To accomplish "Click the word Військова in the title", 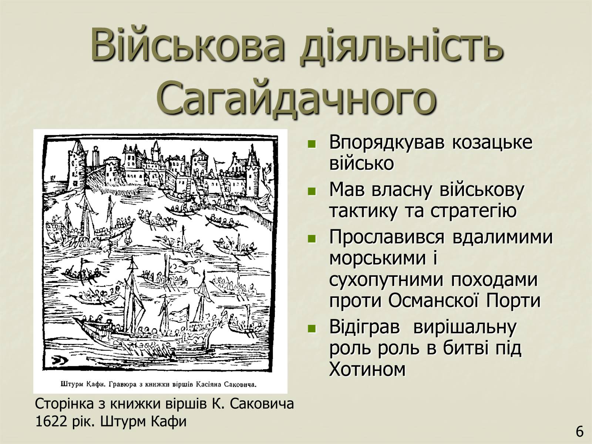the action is [188, 44].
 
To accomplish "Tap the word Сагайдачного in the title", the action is [296, 98].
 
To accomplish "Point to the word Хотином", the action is [367, 369].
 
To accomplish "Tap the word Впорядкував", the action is [387, 143].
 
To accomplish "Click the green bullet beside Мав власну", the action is [312, 191].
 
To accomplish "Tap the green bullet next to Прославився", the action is [312, 239].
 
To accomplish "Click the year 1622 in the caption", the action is [51, 422].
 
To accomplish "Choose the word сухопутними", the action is [386, 280].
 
